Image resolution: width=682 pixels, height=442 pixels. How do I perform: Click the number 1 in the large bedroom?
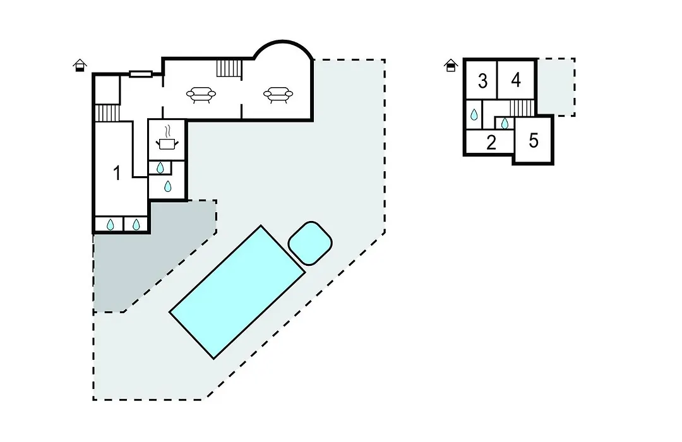click(117, 173)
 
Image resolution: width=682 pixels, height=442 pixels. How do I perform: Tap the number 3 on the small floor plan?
click(482, 81)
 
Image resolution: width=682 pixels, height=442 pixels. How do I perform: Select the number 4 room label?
click(516, 80)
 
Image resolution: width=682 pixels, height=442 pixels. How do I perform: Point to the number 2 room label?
click(491, 143)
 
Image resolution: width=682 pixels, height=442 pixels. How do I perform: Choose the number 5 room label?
click(534, 141)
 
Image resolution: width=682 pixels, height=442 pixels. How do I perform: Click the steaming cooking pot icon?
click(167, 138)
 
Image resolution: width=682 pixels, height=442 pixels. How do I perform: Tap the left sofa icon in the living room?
click(201, 95)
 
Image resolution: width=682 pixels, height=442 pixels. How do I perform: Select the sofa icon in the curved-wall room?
click(278, 95)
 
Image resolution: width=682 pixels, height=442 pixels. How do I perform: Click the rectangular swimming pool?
click(237, 292)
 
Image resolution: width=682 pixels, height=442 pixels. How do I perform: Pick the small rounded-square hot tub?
click(310, 243)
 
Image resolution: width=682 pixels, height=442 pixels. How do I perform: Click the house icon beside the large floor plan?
click(80, 65)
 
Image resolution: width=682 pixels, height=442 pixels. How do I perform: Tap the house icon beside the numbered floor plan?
click(451, 65)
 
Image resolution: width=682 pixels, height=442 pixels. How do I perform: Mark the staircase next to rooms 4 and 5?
click(522, 108)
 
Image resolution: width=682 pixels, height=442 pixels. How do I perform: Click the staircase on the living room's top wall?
click(229, 68)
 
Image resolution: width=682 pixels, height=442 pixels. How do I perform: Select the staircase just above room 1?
click(107, 113)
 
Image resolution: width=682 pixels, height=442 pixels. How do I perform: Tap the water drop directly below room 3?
click(474, 114)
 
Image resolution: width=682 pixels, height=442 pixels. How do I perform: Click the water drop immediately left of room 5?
click(505, 124)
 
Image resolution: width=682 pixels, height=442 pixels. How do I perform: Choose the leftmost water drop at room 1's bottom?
click(111, 225)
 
